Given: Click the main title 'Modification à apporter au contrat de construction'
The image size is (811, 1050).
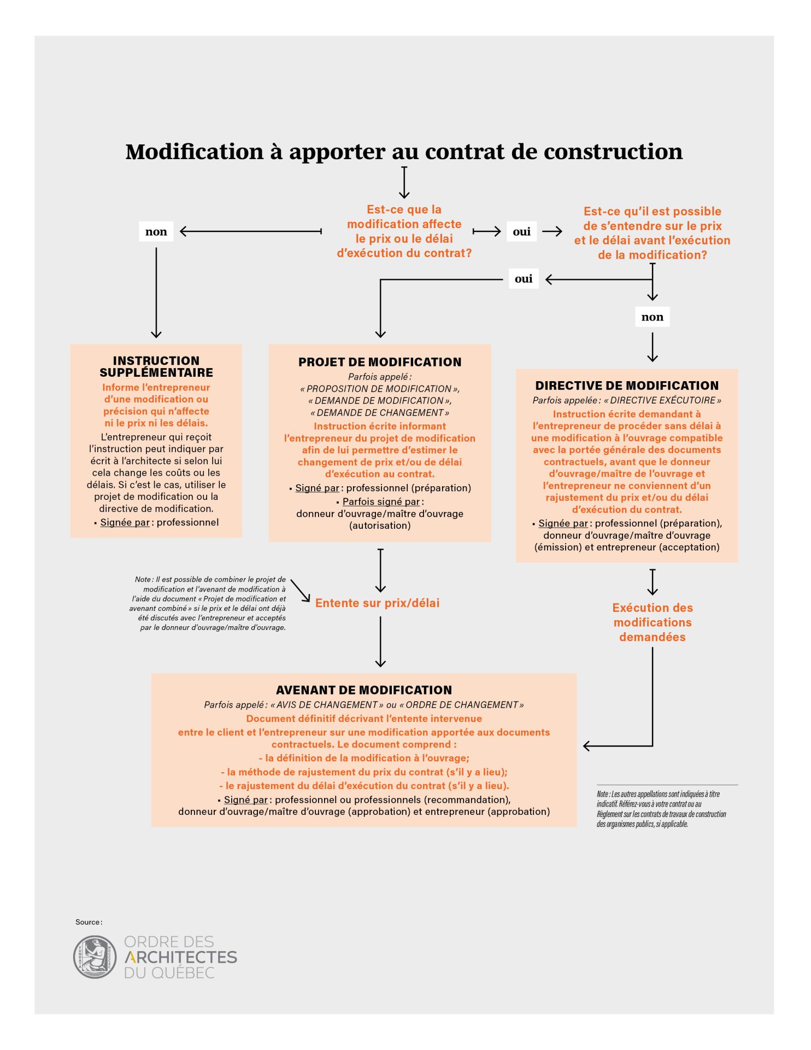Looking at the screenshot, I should click(404, 152).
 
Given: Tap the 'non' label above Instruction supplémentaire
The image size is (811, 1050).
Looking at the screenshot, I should click(156, 232).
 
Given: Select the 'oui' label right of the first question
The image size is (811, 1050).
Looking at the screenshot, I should click(521, 232).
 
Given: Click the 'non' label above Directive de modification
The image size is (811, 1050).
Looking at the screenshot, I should click(652, 317).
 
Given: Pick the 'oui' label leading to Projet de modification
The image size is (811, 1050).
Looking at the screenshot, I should click(523, 279).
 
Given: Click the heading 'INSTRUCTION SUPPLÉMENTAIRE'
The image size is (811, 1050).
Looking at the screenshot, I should click(156, 366).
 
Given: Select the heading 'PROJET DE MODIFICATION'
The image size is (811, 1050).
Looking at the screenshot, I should click(380, 362).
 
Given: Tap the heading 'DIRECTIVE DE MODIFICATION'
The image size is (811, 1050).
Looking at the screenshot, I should click(627, 386).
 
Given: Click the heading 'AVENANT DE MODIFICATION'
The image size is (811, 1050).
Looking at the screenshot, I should click(364, 690).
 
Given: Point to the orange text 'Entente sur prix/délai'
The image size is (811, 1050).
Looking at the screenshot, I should click(378, 603).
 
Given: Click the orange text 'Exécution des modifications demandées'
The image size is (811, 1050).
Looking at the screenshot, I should click(653, 622).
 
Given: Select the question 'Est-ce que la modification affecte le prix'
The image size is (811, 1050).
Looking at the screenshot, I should click(404, 231).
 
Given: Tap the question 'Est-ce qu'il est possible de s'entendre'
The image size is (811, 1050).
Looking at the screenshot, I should click(652, 233).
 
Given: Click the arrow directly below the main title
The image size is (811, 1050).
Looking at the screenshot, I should click(404, 183).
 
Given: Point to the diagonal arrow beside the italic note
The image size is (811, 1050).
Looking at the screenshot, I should click(300, 591).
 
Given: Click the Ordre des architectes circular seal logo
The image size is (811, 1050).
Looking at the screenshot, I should click(95, 956).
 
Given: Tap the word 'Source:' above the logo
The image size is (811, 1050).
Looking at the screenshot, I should click(89, 922).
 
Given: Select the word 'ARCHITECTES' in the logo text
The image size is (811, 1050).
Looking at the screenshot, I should click(181, 957).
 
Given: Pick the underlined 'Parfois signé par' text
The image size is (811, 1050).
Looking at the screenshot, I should click(381, 501).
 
